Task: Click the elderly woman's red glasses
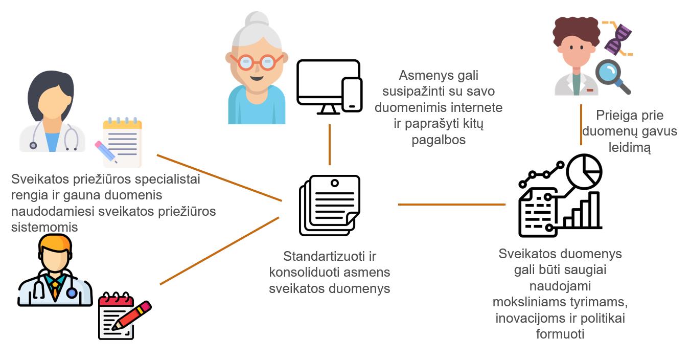pos(256,62)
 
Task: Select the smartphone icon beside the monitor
pos(352,95)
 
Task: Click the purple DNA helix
pos(618,39)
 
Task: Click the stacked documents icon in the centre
pos(330,205)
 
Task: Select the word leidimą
pos(629,148)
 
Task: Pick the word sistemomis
pos(44,227)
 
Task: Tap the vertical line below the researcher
pos(581,125)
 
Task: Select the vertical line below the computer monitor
pos(330,144)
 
